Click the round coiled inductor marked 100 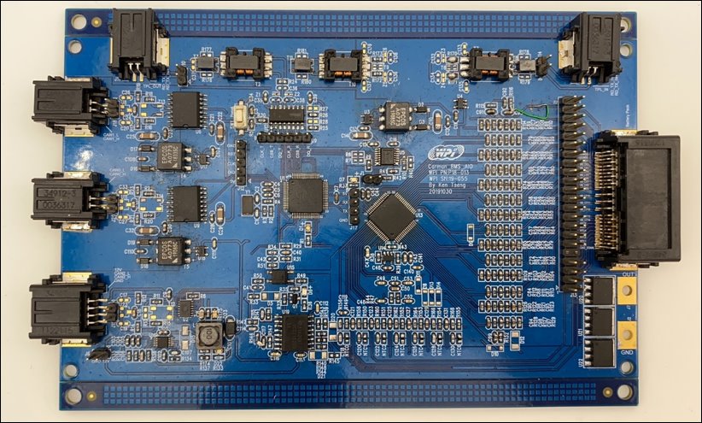[208, 334]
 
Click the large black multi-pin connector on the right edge [636, 198]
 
